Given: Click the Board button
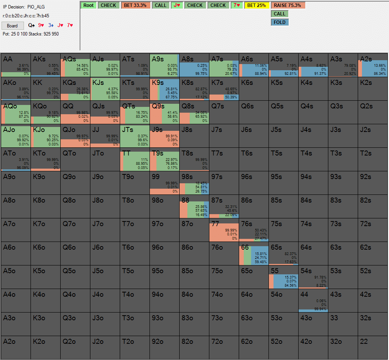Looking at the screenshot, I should tap(12, 26).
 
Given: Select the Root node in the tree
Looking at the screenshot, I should tap(88, 5).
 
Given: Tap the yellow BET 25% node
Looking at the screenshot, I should tap(257, 5).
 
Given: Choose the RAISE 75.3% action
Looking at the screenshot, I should tap(288, 5).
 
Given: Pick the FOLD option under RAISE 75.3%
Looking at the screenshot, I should tap(280, 22).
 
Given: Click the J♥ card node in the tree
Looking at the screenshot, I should tap(177, 5).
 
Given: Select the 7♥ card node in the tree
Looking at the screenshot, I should tap(237, 5).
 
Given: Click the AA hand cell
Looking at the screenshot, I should tap(15, 65).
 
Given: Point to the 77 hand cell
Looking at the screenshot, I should tap(224, 230).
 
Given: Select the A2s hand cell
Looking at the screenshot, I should tap(372, 65).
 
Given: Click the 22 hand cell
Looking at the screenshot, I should tap(372, 348).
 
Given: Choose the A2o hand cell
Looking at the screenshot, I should tap(15, 348).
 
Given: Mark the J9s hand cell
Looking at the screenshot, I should tap(164, 136).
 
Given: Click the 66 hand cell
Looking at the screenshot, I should tap(253, 254).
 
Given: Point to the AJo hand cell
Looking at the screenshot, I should tap(15, 136).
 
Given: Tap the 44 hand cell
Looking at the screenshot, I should tap(313, 301).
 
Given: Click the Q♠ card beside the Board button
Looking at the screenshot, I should tap(31, 25).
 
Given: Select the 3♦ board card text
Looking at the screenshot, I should tap(51, 25).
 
